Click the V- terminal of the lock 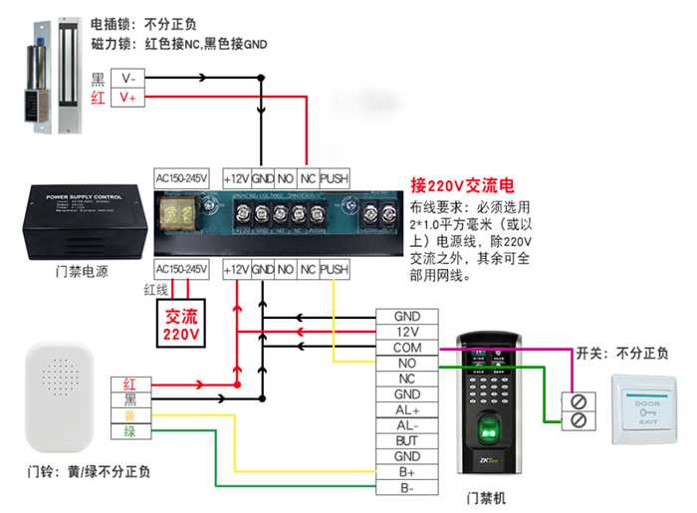[x=130, y=78]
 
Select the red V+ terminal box [x=130, y=98]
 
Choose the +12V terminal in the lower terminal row [x=236, y=270]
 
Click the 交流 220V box [x=182, y=324]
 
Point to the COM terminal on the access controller [x=406, y=348]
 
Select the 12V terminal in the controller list [x=406, y=332]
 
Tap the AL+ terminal [x=406, y=409]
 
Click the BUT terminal [x=406, y=440]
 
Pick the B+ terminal [x=406, y=471]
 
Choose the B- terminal [x=406, y=487]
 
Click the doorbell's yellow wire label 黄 [x=129, y=414]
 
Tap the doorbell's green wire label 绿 [x=129, y=430]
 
